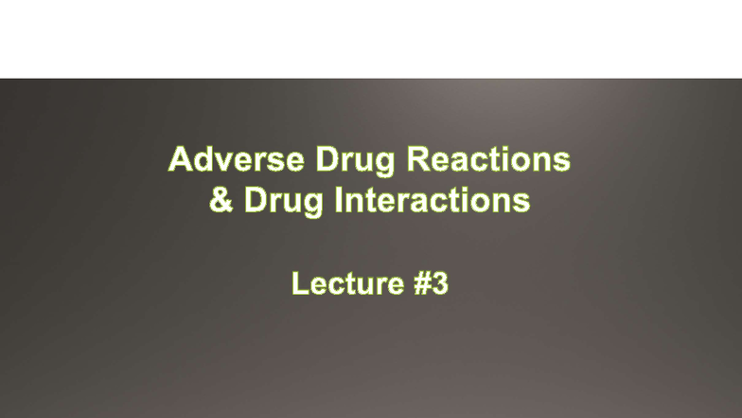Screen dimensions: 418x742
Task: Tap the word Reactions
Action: [487, 159]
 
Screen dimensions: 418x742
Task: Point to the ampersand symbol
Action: [221, 201]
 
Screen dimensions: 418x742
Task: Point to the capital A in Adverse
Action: [180, 159]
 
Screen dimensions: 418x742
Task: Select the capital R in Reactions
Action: [417, 159]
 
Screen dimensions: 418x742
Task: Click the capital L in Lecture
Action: [299, 283]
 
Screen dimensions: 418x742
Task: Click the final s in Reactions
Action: [563, 161]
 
